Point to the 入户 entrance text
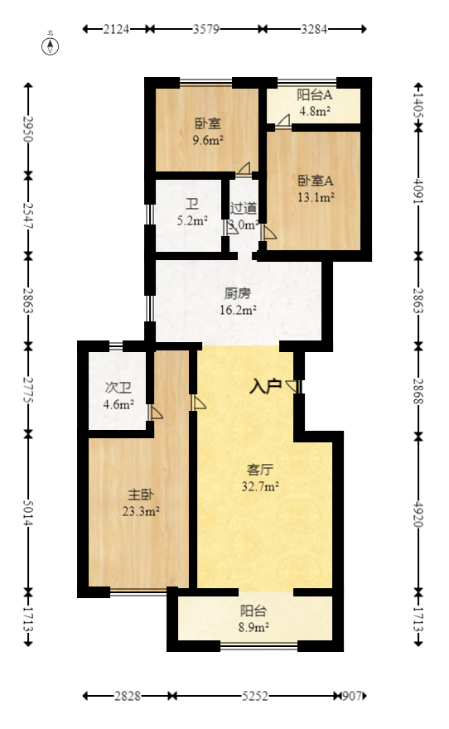point(266,385)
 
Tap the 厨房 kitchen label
point(238,293)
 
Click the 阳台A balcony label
point(314,94)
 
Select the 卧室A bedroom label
point(316,181)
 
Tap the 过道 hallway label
point(244,208)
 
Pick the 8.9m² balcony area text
point(253,628)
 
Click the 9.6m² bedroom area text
point(207,140)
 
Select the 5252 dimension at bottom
point(255,697)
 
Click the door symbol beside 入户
point(293,386)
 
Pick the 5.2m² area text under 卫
point(191,220)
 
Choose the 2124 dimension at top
point(117,29)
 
